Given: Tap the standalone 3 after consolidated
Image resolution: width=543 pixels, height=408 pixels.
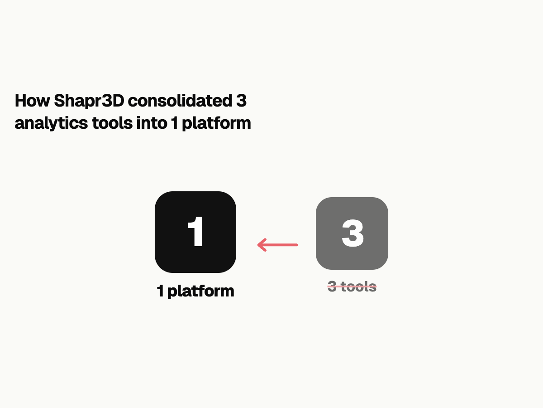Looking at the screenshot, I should pyautogui.click(x=241, y=101).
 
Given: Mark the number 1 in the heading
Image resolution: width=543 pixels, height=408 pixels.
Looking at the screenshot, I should pyautogui.click(x=174, y=123).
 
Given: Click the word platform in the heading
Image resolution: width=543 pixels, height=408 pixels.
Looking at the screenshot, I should pyautogui.click(x=216, y=123).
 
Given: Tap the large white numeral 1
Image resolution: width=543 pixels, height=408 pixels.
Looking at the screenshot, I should pyautogui.click(x=196, y=232).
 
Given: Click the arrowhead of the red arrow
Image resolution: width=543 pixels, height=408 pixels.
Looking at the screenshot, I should pyautogui.click(x=261, y=245).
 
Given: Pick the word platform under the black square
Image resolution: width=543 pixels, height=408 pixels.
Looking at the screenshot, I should pyautogui.click(x=200, y=291).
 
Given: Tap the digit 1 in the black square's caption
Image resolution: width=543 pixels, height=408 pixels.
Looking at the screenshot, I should pyautogui.click(x=160, y=291).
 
